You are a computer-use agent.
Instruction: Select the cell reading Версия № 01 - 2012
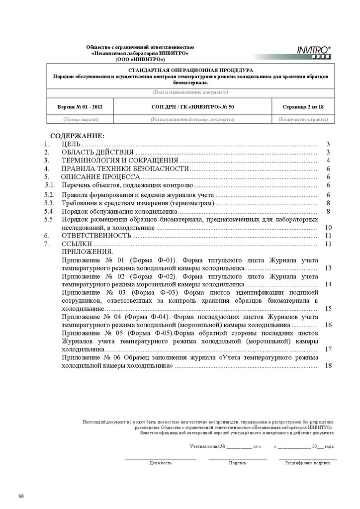click(x=80, y=107)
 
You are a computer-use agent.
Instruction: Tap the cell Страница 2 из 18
click(x=303, y=107)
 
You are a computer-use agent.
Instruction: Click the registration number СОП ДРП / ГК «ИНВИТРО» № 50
click(x=192, y=107)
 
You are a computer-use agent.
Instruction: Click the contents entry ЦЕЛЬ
click(x=71, y=144)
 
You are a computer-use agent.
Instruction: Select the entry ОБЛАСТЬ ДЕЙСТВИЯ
click(x=97, y=152)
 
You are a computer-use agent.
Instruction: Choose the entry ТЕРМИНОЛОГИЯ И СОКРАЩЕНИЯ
click(x=120, y=161)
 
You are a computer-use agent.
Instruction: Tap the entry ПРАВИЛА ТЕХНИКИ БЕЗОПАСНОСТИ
click(x=125, y=169)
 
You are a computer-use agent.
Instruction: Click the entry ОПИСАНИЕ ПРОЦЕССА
click(x=100, y=177)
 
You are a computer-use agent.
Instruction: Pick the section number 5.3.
click(x=49, y=203)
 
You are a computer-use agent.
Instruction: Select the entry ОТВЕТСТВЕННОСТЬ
click(x=96, y=236)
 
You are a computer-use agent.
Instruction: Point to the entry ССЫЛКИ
click(x=77, y=244)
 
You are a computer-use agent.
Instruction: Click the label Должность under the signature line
click(x=161, y=463)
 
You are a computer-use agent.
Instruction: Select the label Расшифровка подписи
click(x=307, y=463)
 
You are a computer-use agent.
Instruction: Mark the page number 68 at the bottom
click(x=21, y=496)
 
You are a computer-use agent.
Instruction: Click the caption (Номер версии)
click(x=80, y=119)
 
